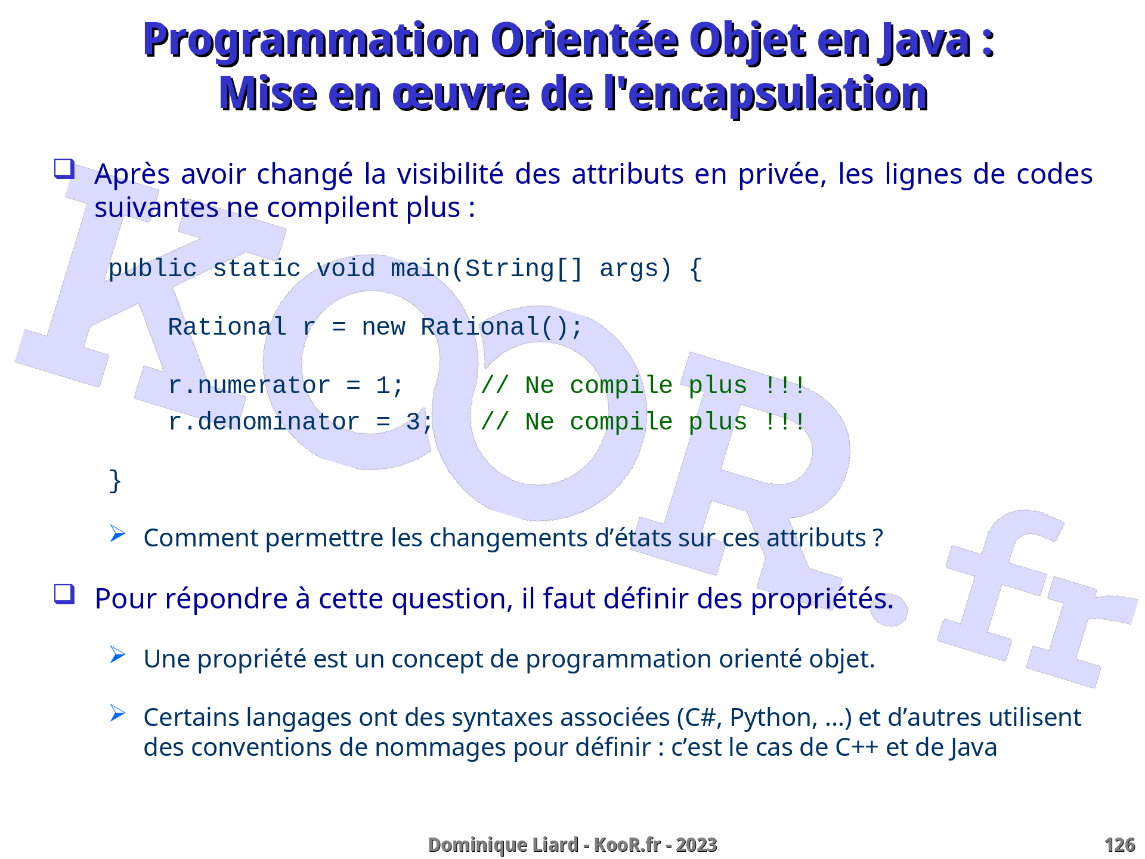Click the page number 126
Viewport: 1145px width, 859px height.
[x=1119, y=845]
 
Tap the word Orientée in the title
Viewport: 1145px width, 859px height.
[x=586, y=40]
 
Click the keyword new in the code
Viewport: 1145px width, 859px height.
[x=383, y=327]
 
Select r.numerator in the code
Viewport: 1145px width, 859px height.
[x=249, y=385]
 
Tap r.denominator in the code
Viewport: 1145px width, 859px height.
[x=264, y=422]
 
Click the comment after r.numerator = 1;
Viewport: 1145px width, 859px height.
[x=643, y=385]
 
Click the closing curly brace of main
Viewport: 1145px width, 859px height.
[x=115, y=481]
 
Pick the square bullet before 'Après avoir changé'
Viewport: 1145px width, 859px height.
[x=64, y=169]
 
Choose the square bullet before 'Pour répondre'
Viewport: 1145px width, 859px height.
[x=64, y=594]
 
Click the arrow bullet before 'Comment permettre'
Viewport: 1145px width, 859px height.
[x=117, y=533]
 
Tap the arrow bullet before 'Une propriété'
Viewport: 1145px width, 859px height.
[x=117, y=655]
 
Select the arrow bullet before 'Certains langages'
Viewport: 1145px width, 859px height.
[x=117, y=713]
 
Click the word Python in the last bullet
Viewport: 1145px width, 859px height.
[x=773, y=718]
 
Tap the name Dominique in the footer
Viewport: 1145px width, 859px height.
[x=474, y=845]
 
